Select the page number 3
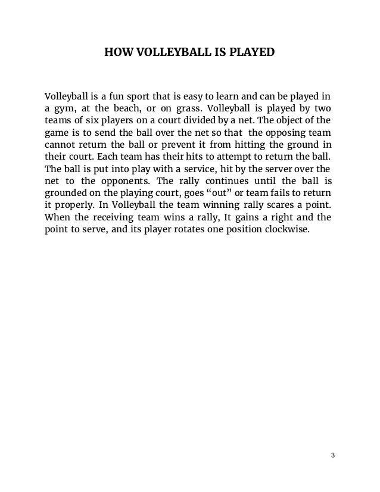click(333, 456)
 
